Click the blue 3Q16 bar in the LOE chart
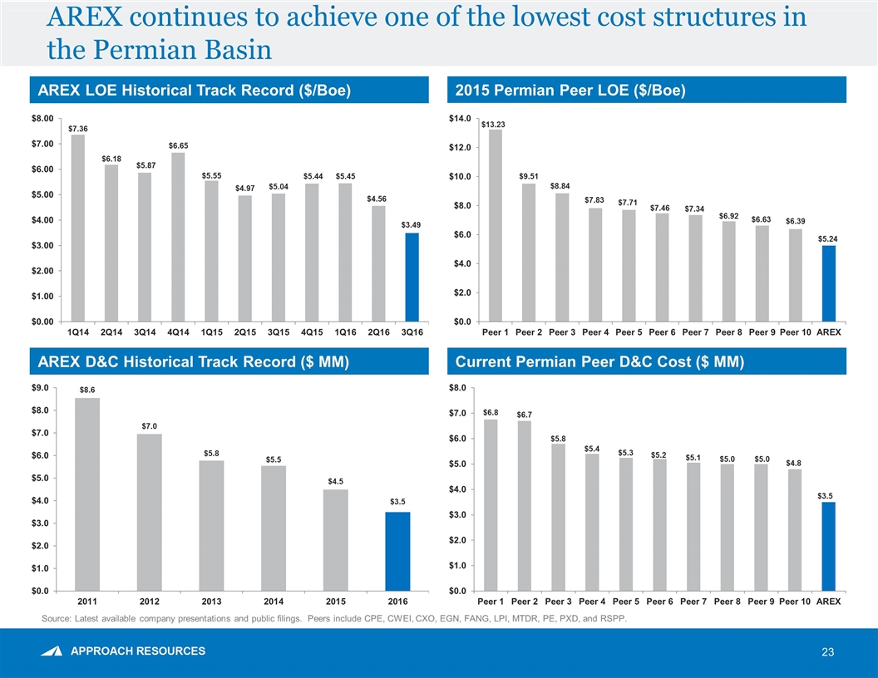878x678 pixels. click(x=412, y=278)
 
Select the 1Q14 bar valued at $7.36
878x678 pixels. click(x=78, y=228)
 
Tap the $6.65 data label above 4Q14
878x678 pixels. click(x=178, y=145)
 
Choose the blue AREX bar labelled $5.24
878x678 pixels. click(x=828, y=283)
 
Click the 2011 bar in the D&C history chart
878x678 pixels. click(x=87, y=494)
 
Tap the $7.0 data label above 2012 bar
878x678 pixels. click(x=150, y=426)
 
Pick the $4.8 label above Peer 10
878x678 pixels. click(x=795, y=463)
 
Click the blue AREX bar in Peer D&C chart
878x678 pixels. click(x=828, y=546)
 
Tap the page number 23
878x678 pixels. click(x=827, y=652)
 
